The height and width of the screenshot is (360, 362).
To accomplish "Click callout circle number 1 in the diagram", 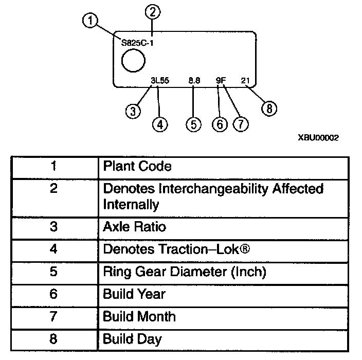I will point(90,21).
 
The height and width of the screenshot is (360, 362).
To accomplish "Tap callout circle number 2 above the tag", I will point(152,10).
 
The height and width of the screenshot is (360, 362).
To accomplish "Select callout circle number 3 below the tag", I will point(133,111).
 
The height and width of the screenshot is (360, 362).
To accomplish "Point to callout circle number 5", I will point(193,124).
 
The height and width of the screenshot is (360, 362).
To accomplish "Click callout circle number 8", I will point(269,108).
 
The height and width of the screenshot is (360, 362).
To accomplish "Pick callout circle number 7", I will point(240,124).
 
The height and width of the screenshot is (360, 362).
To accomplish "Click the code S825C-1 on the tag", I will point(137,43).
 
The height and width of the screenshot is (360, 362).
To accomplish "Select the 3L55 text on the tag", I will point(160,80).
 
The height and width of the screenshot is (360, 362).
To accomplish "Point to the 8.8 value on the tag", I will point(194,80).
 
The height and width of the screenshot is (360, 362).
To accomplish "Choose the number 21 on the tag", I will point(246,80).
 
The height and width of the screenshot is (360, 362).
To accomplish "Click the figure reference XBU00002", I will point(318,138).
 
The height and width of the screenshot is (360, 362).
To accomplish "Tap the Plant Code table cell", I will point(137,167).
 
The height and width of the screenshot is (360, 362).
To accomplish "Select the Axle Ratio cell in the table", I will point(135,227).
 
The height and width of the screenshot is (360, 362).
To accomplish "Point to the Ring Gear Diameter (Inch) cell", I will point(184,272).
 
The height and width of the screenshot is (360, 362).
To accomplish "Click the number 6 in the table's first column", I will point(54,294).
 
